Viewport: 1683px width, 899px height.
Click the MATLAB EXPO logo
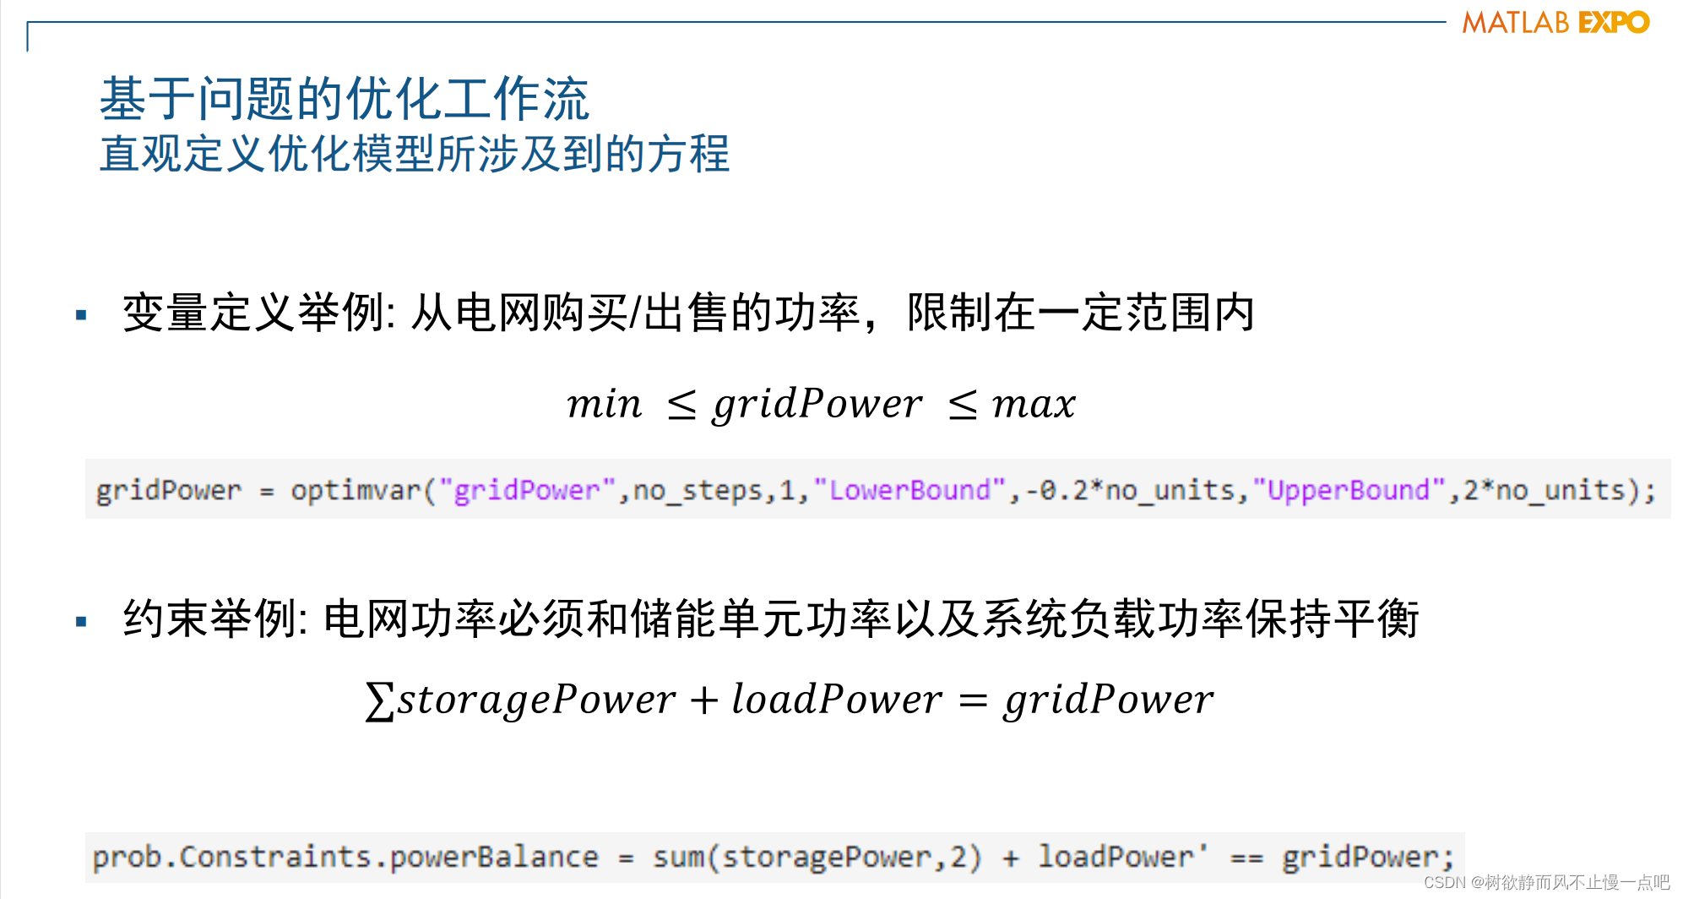1555,23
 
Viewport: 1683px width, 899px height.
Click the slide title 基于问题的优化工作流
344,99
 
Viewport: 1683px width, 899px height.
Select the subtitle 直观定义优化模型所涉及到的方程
414,155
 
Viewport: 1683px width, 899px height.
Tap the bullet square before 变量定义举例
81,315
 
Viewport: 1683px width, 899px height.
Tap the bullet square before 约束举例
81,622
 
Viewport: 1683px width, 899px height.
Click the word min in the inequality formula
604,404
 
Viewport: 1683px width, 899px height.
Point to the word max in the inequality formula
1034,404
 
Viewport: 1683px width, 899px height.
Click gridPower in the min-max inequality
817,404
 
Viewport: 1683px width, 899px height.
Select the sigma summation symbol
379,700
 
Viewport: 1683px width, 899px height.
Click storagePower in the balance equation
537,700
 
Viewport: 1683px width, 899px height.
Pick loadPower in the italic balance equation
836,700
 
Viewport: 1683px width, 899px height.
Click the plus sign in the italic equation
703,700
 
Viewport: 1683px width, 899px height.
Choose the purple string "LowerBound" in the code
909,490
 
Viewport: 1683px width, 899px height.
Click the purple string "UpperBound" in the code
1349,490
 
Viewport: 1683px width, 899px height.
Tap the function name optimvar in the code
356,490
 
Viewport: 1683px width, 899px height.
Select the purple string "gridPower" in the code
527,490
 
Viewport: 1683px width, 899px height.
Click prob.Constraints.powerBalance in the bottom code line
345,858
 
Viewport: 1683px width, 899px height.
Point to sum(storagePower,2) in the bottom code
817,858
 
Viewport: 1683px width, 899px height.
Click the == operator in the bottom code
1246,858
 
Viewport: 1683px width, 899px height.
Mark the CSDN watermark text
1546,883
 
